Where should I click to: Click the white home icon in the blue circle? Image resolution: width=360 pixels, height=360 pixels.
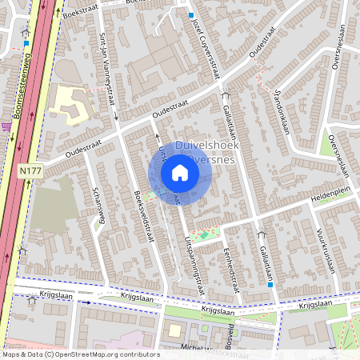180,173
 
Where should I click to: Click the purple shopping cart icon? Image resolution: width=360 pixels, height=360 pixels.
6,125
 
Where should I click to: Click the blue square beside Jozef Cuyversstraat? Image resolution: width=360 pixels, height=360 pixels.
191,15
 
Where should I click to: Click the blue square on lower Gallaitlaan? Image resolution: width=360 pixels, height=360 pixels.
271,285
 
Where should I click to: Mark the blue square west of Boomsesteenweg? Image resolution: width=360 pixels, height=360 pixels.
26,44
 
